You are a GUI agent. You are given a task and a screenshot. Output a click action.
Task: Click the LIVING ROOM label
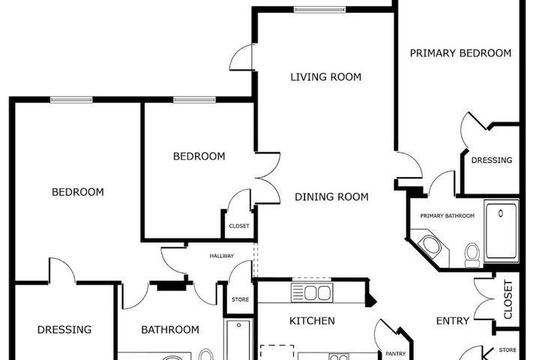pyautogui.click(x=326, y=76)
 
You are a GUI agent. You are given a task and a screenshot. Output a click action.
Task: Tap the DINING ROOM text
pyautogui.click(x=331, y=196)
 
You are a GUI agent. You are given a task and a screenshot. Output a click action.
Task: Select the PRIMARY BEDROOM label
pyautogui.click(x=460, y=53)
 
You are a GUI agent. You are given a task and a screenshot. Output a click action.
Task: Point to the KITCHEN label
pyautogui.click(x=312, y=321)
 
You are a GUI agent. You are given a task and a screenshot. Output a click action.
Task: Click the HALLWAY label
pyautogui.click(x=222, y=256)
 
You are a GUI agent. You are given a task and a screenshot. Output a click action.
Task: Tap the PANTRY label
pyautogui.click(x=396, y=353)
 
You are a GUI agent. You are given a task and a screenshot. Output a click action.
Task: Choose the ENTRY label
pyautogui.click(x=453, y=321)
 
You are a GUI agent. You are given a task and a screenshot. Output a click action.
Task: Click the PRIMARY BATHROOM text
pyautogui.click(x=448, y=216)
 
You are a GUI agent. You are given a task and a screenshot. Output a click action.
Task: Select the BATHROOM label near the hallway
pyautogui.click(x=170, y=330)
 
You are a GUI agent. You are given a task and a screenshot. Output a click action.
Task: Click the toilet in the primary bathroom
pyautogui.click(x=472, y=255)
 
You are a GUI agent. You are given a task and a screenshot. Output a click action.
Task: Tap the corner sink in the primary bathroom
pyautogui.click(x=431, y=244)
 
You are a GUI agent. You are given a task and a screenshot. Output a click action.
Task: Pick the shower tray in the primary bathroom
pyautogui.click(x=502, y=231)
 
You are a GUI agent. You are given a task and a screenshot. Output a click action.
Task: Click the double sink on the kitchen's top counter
pyautogui.click(x=312, y=293)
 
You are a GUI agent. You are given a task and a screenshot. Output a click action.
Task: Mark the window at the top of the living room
pyautogui.click(x=319, y=10)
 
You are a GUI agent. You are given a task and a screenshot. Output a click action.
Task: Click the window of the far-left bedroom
pyautogui.click(x=71, y=100)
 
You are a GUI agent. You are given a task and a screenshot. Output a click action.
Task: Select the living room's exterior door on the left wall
pyautogui.click(x=243, y=58)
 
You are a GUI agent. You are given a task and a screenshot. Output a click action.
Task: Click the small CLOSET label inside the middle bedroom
pyautogui.click(x=239, y=226)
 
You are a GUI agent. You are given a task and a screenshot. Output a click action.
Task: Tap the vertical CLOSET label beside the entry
pyautogui.click(x=508, y=299)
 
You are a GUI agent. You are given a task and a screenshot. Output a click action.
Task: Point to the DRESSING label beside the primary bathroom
pyautogui.click(x=492, y=160)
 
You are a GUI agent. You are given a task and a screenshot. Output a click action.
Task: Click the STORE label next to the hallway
pyautogui.click(x=241, y=299)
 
